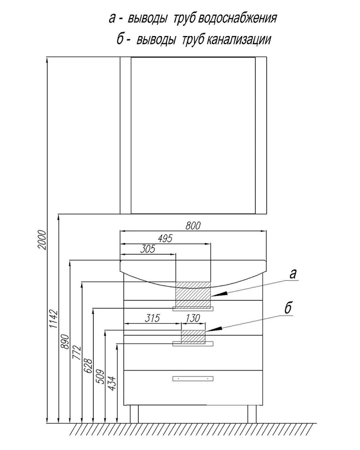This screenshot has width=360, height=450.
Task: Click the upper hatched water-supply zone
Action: click(193, 294)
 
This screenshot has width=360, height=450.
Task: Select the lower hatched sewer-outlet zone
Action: click(193, 336)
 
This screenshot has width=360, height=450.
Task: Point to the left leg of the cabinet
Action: click(135, 414)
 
